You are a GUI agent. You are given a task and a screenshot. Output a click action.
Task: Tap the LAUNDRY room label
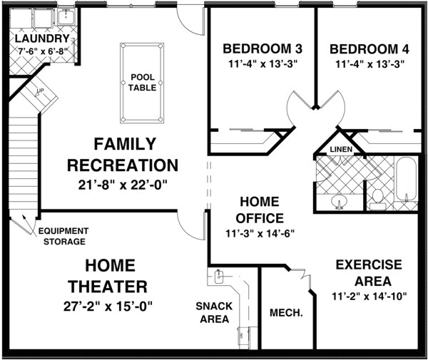click(x=42, y=38)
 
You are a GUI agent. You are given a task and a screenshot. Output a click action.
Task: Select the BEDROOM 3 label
click(x=263, y=49)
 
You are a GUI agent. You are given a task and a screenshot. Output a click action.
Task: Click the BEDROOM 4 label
click(x=369, y=49)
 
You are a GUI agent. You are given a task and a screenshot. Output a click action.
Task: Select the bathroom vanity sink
click(x=340, y=202)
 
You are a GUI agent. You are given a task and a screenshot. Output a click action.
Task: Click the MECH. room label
click(x=287, y=313)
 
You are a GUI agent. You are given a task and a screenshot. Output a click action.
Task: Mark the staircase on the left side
click(x=24, y=150)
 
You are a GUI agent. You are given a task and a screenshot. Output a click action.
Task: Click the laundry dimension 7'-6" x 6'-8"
click(x=42, y=51)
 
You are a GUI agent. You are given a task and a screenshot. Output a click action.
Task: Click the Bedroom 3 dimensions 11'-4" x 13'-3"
click(x=263, y=64)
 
